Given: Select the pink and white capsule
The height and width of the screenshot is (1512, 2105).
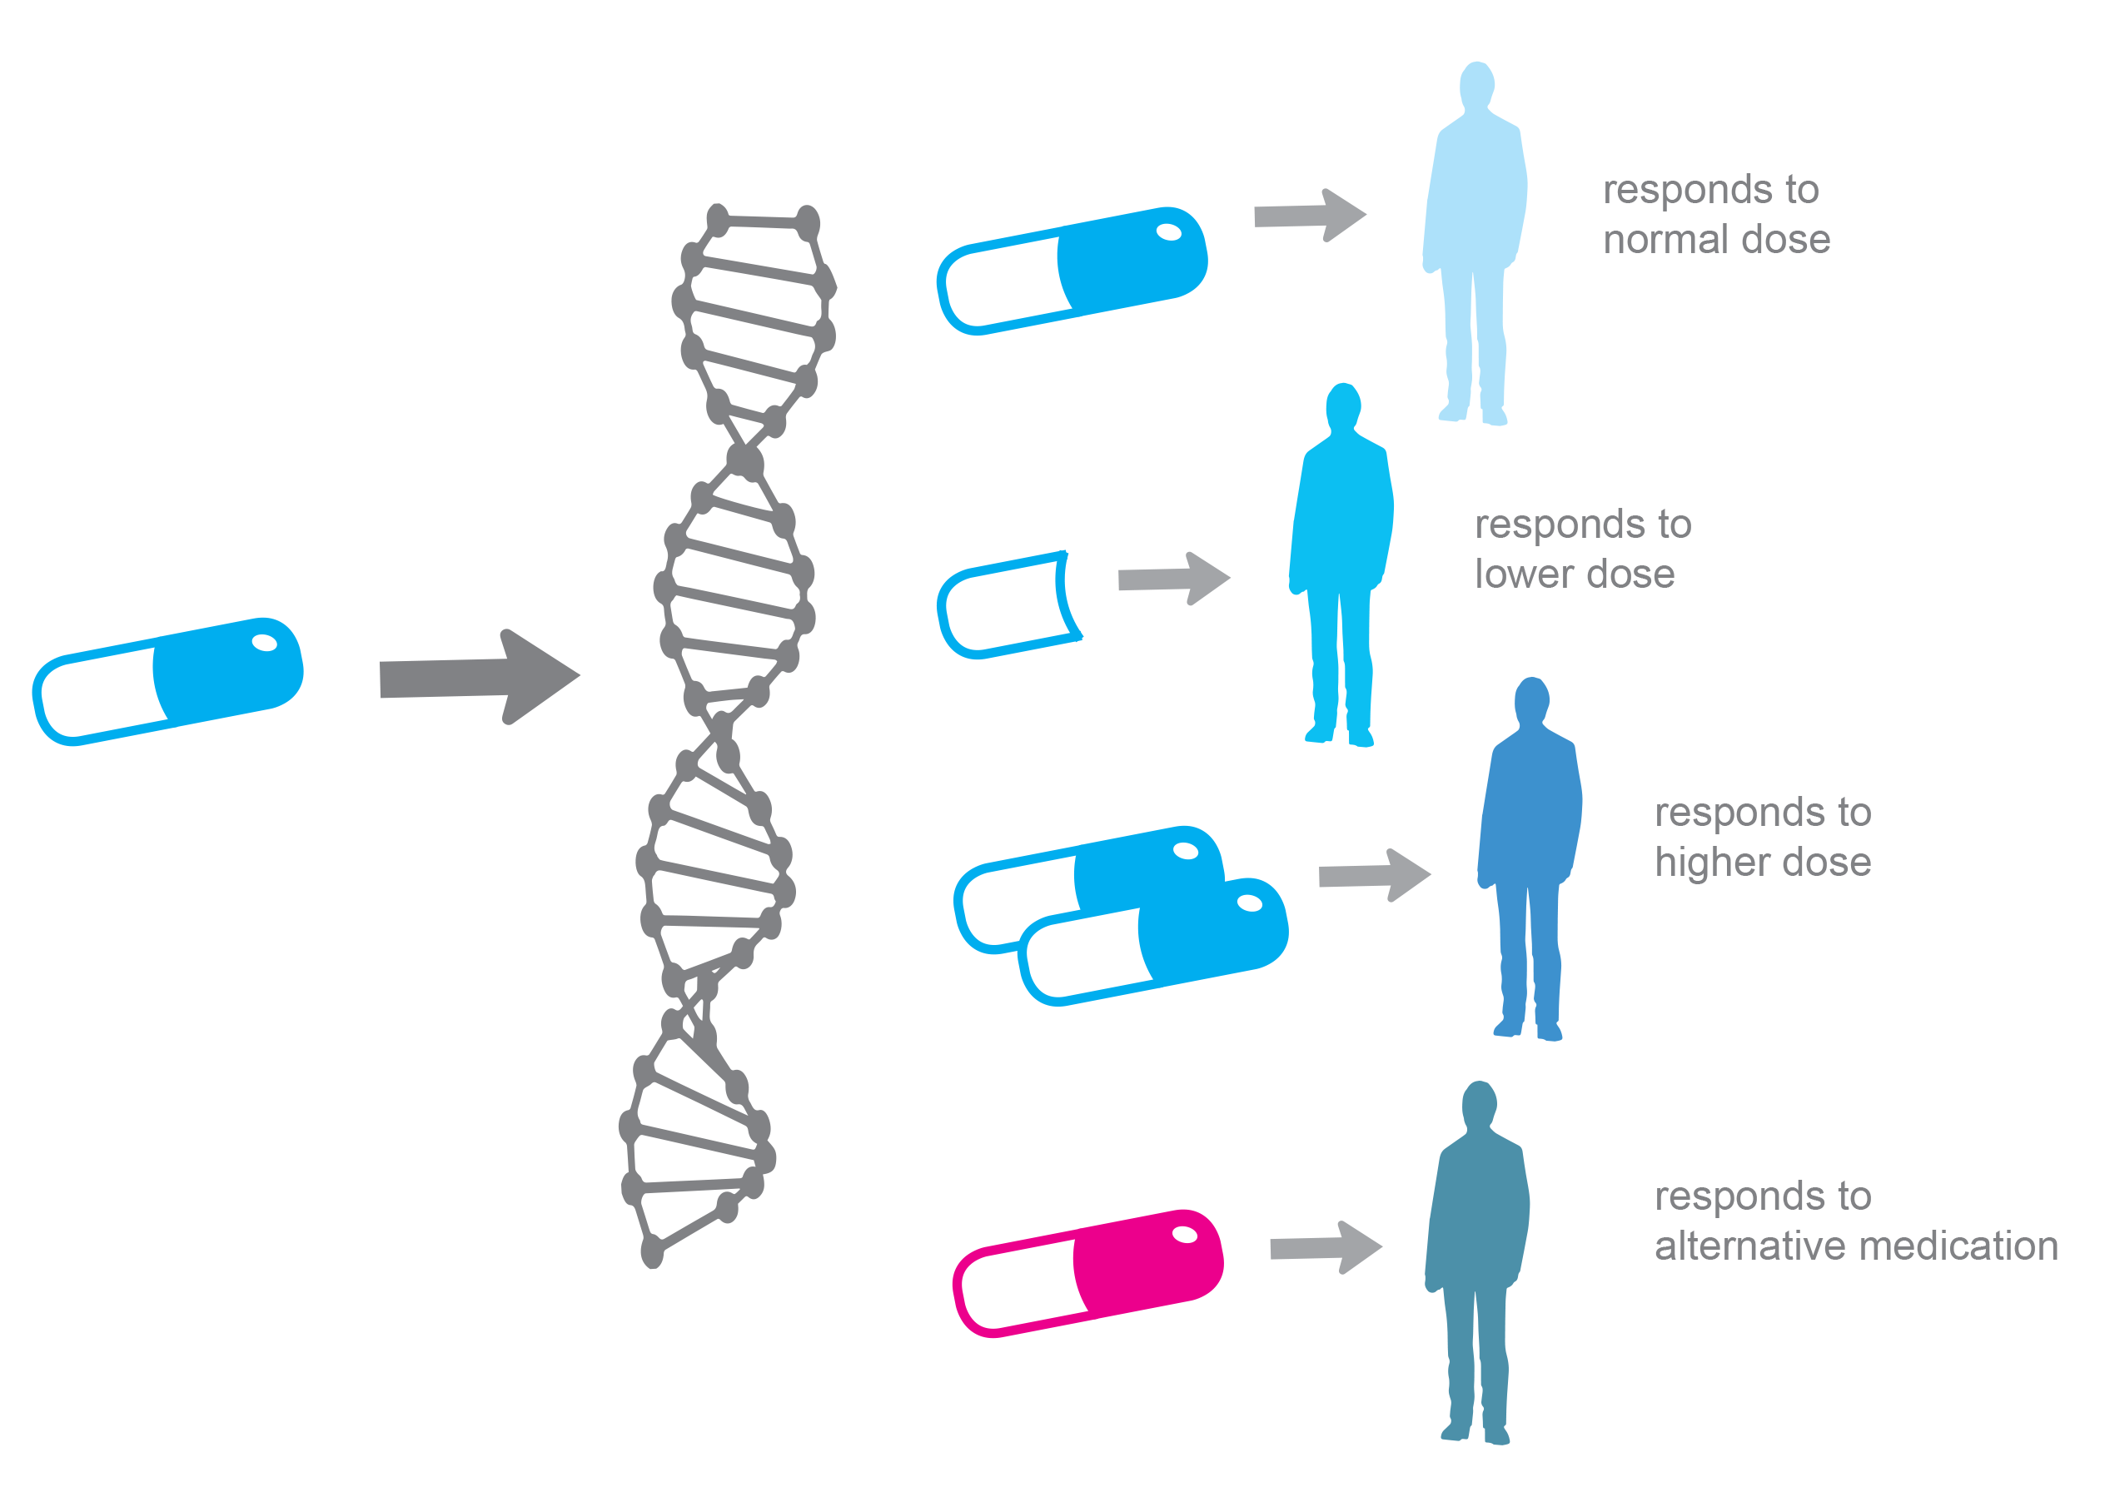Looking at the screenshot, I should point(1087,1272).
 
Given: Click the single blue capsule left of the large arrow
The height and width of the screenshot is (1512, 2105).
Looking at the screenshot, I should point(168,680).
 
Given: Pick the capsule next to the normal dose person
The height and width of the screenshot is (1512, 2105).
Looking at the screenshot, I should point(1072,270).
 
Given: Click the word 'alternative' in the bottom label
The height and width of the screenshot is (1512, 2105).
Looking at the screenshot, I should point(1751,1246).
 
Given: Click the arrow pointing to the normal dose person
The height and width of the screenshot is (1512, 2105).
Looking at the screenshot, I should point(1310,216).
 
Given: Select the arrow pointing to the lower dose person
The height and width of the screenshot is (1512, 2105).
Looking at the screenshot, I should point(1174,579).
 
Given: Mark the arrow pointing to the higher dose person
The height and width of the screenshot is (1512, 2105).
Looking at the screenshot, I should point(1375,874).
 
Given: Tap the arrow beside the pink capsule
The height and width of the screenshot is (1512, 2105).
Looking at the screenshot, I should point(1326,1247).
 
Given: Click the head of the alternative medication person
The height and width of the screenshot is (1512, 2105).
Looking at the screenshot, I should point(1480,1103).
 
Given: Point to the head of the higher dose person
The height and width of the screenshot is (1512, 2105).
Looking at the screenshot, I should point(1532,700).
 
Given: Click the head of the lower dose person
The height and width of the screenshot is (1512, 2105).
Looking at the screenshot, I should point(1343,405).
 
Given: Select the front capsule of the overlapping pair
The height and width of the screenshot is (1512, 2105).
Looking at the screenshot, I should point(1153,943).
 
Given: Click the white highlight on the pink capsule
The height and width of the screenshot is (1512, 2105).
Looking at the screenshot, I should point(1184,1234).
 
